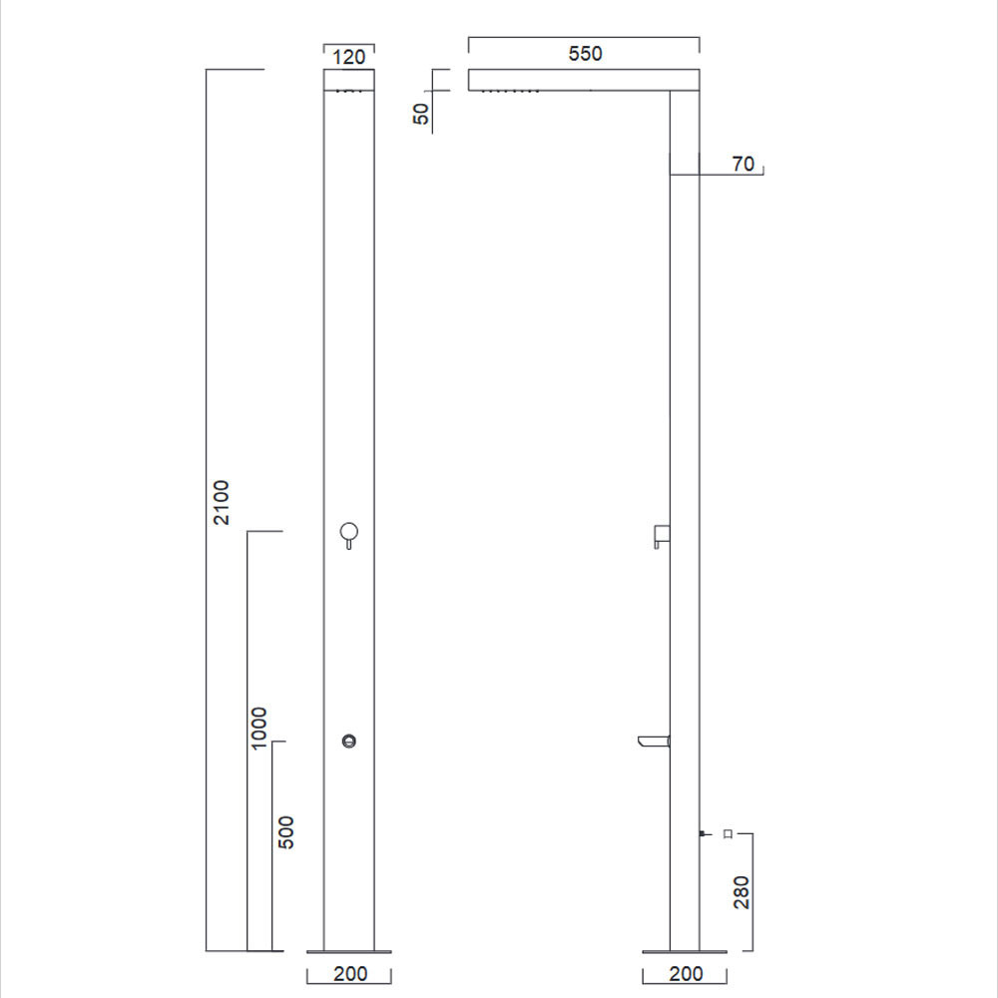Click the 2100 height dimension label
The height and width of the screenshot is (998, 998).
221,502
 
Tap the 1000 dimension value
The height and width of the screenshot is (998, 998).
259,729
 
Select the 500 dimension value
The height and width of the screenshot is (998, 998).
286,832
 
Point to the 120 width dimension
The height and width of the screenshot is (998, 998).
348,57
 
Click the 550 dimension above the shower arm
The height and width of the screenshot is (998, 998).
585,54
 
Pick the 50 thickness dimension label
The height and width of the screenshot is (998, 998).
421,114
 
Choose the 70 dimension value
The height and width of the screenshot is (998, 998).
743,165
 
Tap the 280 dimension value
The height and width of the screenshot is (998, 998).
742,892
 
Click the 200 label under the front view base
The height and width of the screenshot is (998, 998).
350,974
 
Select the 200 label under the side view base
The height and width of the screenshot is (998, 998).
687,974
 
